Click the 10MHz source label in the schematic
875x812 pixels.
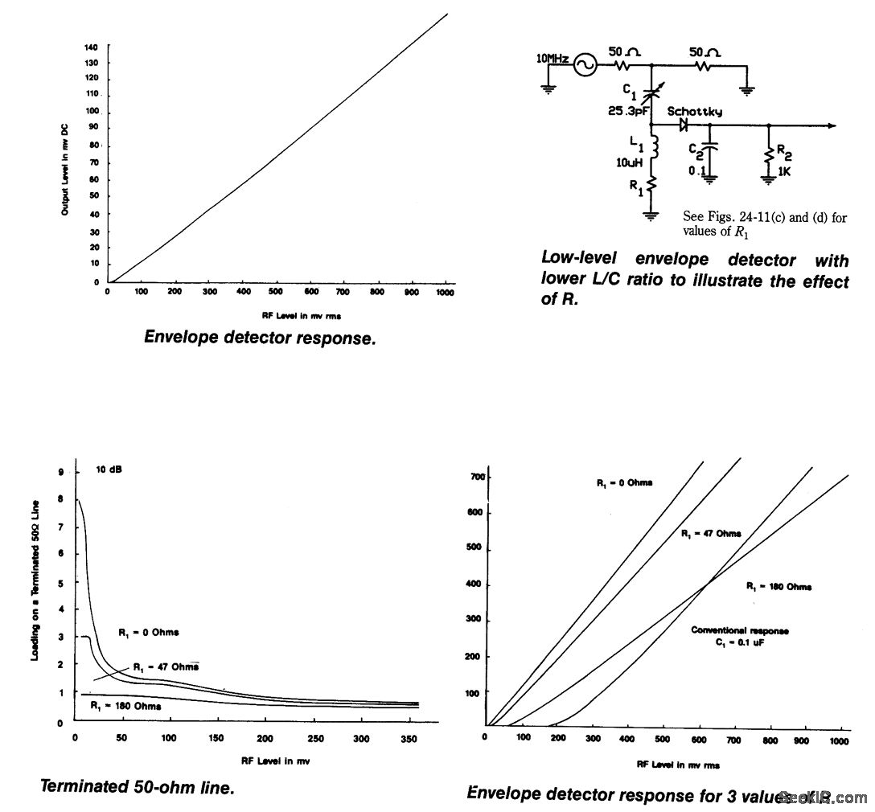point(552,59)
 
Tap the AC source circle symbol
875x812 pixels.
point(584,65)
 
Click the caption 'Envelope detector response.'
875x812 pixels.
point(260,338)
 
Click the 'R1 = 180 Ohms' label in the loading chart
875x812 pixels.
point(126,706)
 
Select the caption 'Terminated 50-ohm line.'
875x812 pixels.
point(137,788)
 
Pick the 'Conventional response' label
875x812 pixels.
point(740,631)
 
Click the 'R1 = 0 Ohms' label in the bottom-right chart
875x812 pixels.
point(624,482)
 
